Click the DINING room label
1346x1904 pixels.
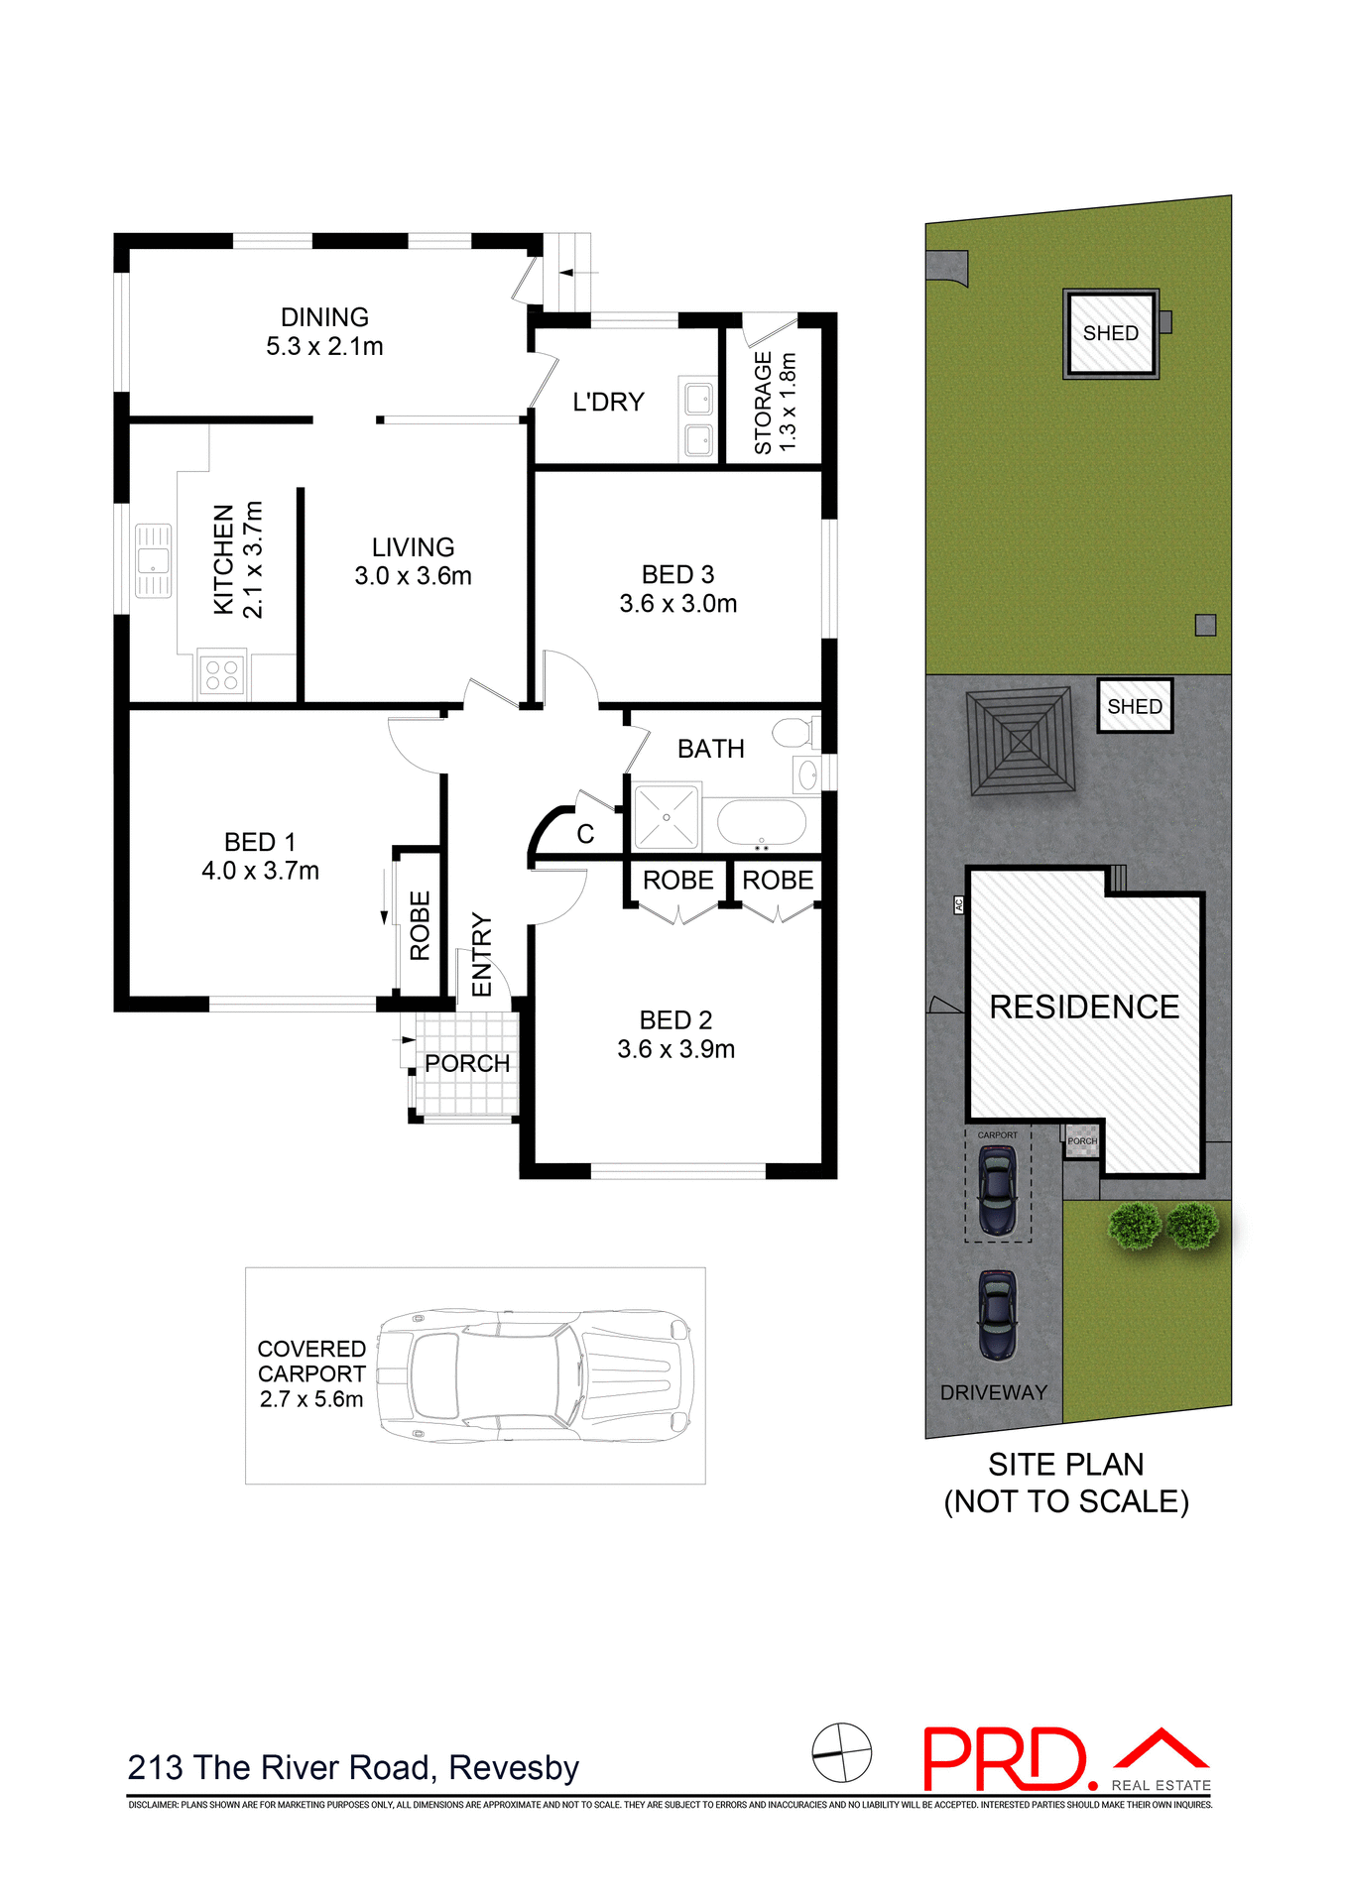[324, 317]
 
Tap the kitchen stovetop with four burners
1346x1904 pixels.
[221, 675]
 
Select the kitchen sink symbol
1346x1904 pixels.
[153, 561]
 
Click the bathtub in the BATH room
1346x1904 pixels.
[761, 822]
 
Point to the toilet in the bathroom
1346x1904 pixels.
[794, 733]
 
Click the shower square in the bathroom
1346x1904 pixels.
[666, 817]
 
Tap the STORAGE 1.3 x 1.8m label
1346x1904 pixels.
[775, 403]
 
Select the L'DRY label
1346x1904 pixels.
[608, 402]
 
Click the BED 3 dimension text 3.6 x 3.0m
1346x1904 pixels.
[677, 604]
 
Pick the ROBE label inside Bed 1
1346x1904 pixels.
[420, 925]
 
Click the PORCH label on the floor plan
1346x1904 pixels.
[466, 1064]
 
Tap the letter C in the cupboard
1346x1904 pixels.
[585, 834]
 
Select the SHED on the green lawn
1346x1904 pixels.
[1110, 333]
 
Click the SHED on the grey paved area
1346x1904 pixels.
[1134, 706]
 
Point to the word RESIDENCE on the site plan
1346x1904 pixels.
[1083, 1007]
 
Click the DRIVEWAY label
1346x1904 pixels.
[993, 1392]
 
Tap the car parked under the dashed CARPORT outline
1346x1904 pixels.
[997, 1189]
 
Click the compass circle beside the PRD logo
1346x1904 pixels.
[841, 1752]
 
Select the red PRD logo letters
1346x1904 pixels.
[1004, 1759]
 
